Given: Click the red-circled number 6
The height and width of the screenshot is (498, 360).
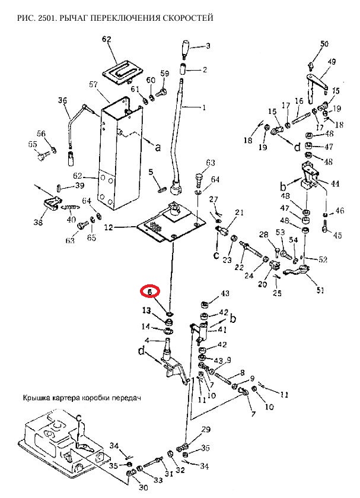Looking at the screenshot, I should click(150, 291).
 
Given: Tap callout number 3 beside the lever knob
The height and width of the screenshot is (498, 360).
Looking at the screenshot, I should click(208, 45).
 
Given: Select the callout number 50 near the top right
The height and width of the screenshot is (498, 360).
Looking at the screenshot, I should click(324, 44).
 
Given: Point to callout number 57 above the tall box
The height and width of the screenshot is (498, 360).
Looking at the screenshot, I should click(93, 85).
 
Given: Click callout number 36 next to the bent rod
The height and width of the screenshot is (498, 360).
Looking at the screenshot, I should click(63, 101).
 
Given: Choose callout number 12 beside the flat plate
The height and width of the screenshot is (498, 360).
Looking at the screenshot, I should click(107, 227).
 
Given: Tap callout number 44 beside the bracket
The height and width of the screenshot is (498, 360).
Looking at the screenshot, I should click(335, 185).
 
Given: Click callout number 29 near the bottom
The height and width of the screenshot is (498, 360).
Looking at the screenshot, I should click(206, 429).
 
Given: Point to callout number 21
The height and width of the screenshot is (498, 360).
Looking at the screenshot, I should click(239, 212).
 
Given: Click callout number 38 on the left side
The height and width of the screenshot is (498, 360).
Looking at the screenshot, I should click(39, 223).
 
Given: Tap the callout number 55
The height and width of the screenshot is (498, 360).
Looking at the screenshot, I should click(32, 144).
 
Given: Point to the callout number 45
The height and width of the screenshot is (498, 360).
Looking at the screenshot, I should click(337, 236).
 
